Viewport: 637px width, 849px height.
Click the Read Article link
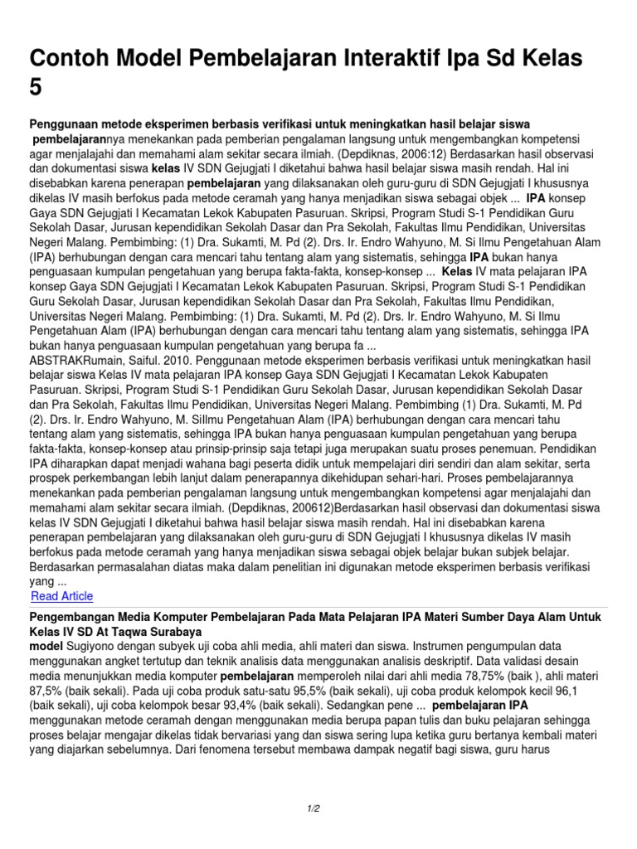point(61,596)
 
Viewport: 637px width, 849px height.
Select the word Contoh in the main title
point(71,59)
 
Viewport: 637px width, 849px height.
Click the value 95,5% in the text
point(297,690)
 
